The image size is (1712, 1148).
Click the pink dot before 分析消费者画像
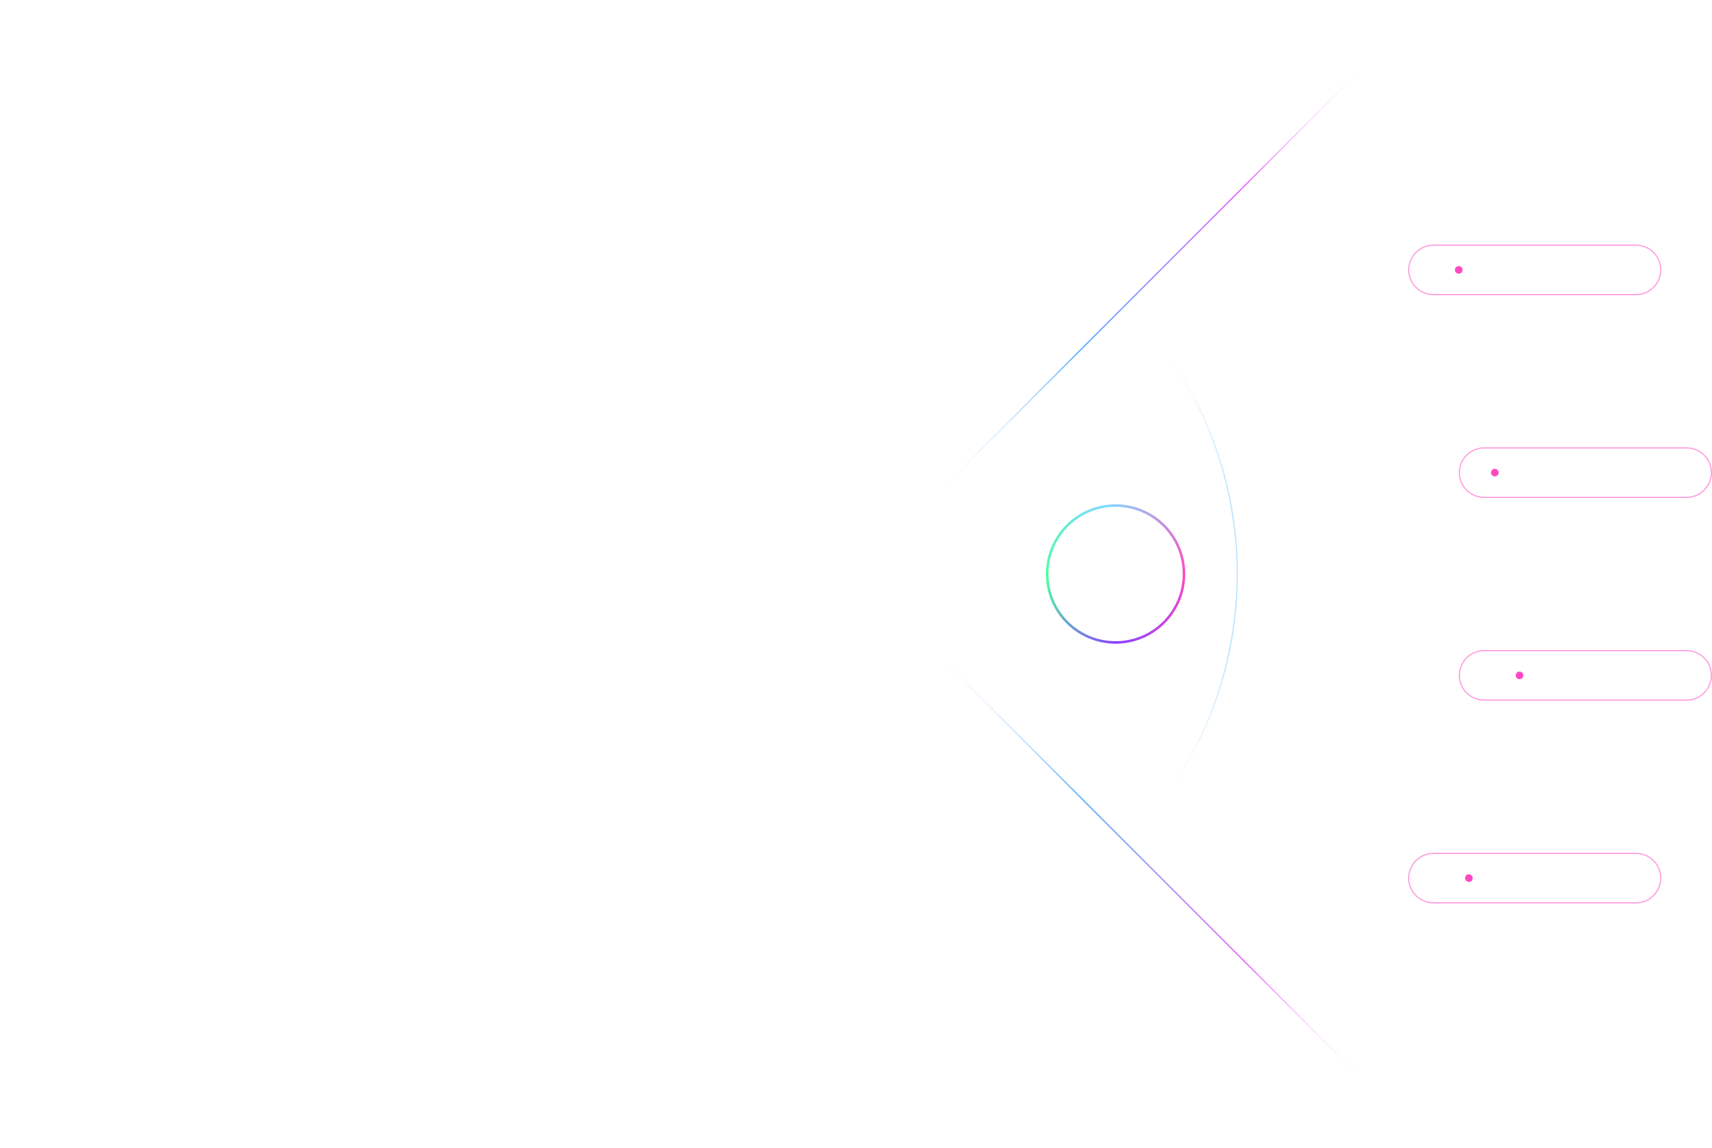pyautogui.click(x=1459, y=270)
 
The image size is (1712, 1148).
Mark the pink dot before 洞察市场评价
pyautogui.click(x=1468, y=879)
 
